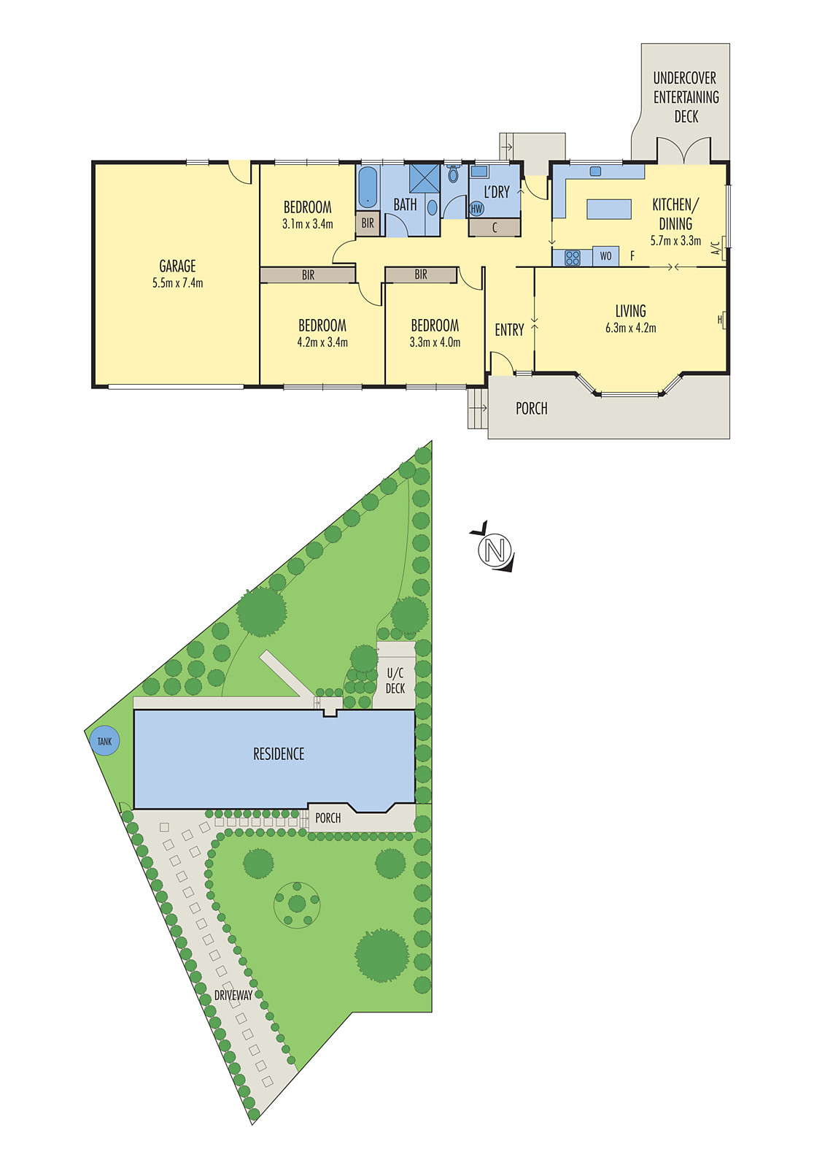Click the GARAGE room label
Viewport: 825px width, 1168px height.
point(177,266)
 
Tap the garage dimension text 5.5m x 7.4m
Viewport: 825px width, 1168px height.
point(178,284)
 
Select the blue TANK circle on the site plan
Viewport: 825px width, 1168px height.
point(105,741)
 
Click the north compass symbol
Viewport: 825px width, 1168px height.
point(494,549)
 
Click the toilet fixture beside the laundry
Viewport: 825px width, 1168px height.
point(453,173)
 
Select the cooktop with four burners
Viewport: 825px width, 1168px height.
point(572,257)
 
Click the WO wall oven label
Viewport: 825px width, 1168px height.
point(605,256)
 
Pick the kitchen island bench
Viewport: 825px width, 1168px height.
point(609,209)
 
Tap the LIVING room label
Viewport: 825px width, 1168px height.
point(631,311)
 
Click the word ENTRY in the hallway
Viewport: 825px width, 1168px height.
point(509,329)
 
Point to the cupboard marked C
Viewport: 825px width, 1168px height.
point(494,227)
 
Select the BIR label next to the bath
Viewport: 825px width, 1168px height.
point(368,223)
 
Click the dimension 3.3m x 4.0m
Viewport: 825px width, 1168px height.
point(435,342)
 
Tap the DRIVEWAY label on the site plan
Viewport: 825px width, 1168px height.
point(233,996)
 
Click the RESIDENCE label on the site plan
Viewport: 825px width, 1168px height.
point(279,754)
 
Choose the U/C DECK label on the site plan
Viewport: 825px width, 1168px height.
point(395,681)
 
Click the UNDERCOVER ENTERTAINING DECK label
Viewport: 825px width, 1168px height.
point(686,98)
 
